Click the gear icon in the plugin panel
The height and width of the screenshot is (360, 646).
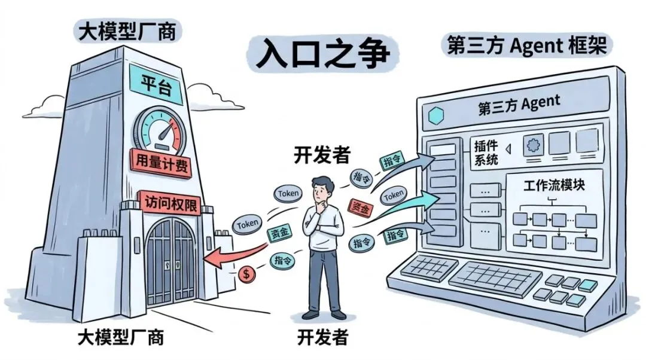pos(534,144)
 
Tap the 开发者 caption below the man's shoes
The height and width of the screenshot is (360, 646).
pos(322,337)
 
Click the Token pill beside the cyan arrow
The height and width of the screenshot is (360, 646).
pos(394,194)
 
